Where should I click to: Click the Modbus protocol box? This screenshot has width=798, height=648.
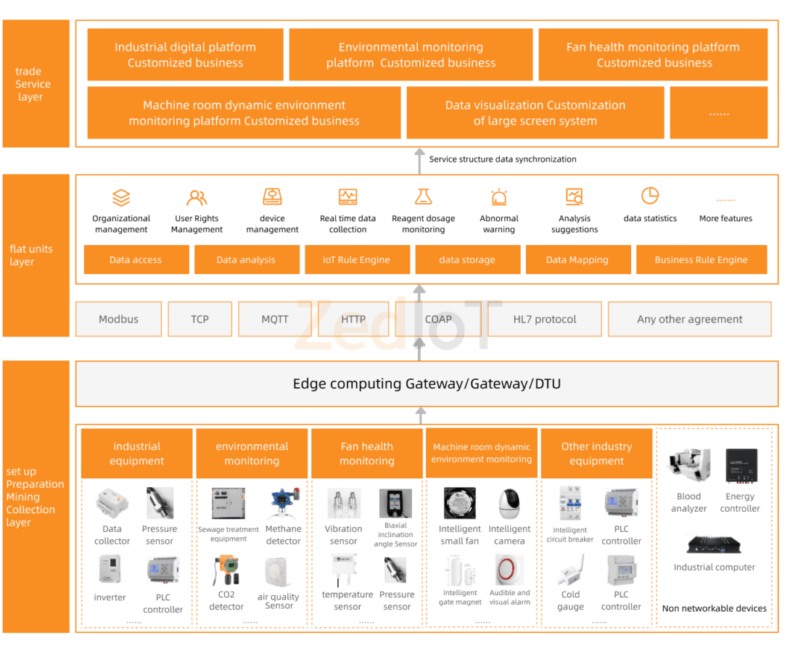[118, 319]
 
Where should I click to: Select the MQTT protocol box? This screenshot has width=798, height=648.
[274, 319]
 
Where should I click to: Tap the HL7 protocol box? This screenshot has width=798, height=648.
[544, 319]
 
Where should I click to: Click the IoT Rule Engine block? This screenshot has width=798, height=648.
[356, 259]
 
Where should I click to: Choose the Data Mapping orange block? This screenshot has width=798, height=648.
[577, 259]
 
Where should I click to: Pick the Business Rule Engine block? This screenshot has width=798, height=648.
[701, 259]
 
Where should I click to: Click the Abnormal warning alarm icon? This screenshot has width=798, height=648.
[499, 197]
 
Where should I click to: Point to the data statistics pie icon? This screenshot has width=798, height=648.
[650, 196]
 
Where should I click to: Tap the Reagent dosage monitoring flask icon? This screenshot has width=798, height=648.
[423, 196]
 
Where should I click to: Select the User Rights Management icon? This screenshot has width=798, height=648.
[197, 197]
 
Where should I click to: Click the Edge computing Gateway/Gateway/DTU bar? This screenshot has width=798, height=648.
[427, 383]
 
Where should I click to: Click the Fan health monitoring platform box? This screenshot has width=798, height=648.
[653, 55]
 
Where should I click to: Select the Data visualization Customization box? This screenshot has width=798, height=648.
[535, 113]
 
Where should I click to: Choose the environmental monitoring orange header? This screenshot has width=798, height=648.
[252, 454]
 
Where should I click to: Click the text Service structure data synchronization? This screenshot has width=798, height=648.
[503, 159]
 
